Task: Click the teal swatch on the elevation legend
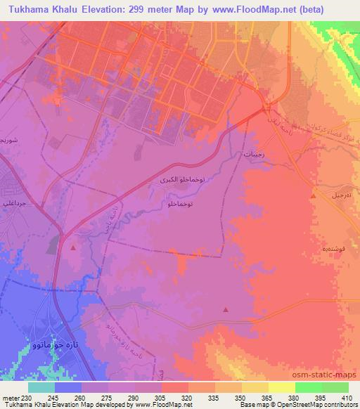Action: click(x=41, y=387)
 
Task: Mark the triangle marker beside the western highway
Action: click(x=74, y=247)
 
